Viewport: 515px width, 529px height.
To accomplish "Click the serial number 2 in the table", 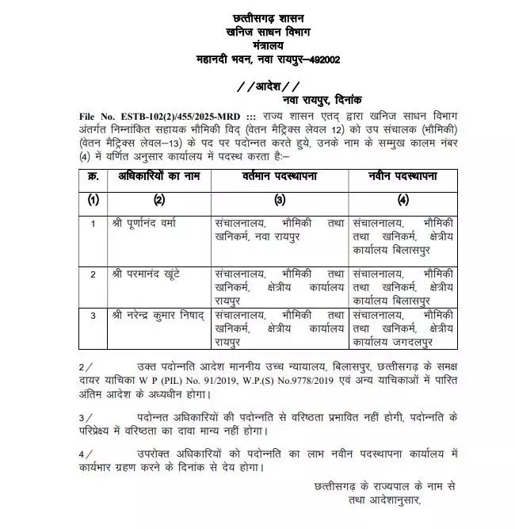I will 93,274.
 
